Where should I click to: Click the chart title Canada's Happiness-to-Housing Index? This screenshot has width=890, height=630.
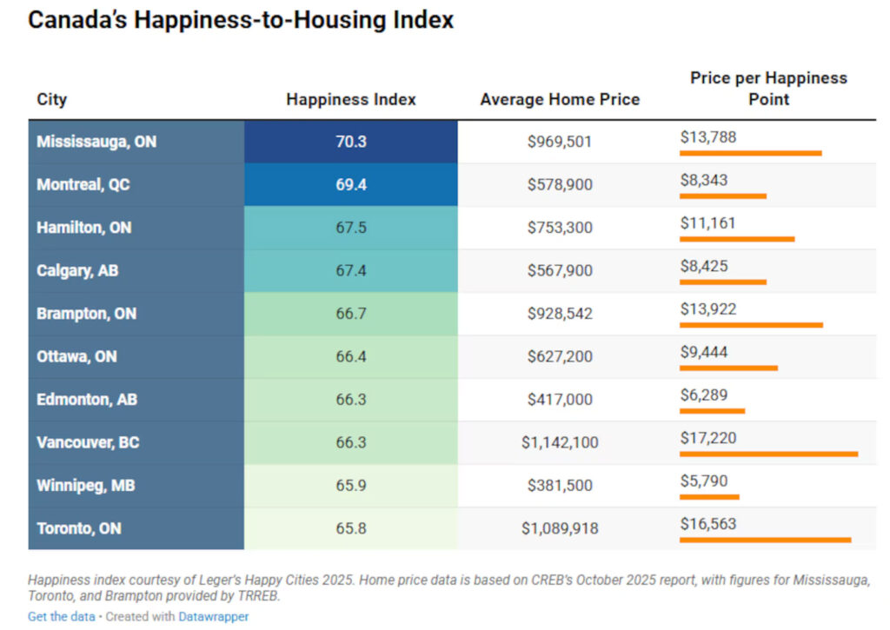(x=241, y=21)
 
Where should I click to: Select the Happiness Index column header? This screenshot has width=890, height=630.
(x=350, y=99)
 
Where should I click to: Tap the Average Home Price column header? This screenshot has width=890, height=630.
(x=559, y=99)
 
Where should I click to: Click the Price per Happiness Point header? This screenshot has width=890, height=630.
(x=768, y=89)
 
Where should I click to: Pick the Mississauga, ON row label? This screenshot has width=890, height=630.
(x=96, y=141)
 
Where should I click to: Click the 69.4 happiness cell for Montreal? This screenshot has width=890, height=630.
(x=350, y=184)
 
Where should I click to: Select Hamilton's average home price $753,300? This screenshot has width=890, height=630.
(x=559, y=228)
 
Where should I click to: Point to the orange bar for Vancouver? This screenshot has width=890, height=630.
(x=768, y=454)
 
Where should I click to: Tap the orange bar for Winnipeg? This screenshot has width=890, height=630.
(x=709, y=497)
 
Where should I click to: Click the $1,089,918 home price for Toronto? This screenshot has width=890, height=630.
(x=559, y=528)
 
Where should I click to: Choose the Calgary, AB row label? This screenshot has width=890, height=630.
(x=77, y=270)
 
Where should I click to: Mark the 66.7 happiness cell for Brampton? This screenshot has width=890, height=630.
(x=350, y=314)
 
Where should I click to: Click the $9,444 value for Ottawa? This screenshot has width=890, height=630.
(x=704, y=352)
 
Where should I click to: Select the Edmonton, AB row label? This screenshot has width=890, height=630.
(x=87, y=400)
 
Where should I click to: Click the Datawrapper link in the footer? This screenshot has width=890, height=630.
(x=213, y=616)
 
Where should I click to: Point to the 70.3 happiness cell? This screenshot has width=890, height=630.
(x=350, y=141)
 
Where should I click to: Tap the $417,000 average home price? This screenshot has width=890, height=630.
(x=559, y=400)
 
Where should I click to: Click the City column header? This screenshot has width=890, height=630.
(x=51, y=99)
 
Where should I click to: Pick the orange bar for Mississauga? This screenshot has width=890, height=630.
(x=750, y=153)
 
